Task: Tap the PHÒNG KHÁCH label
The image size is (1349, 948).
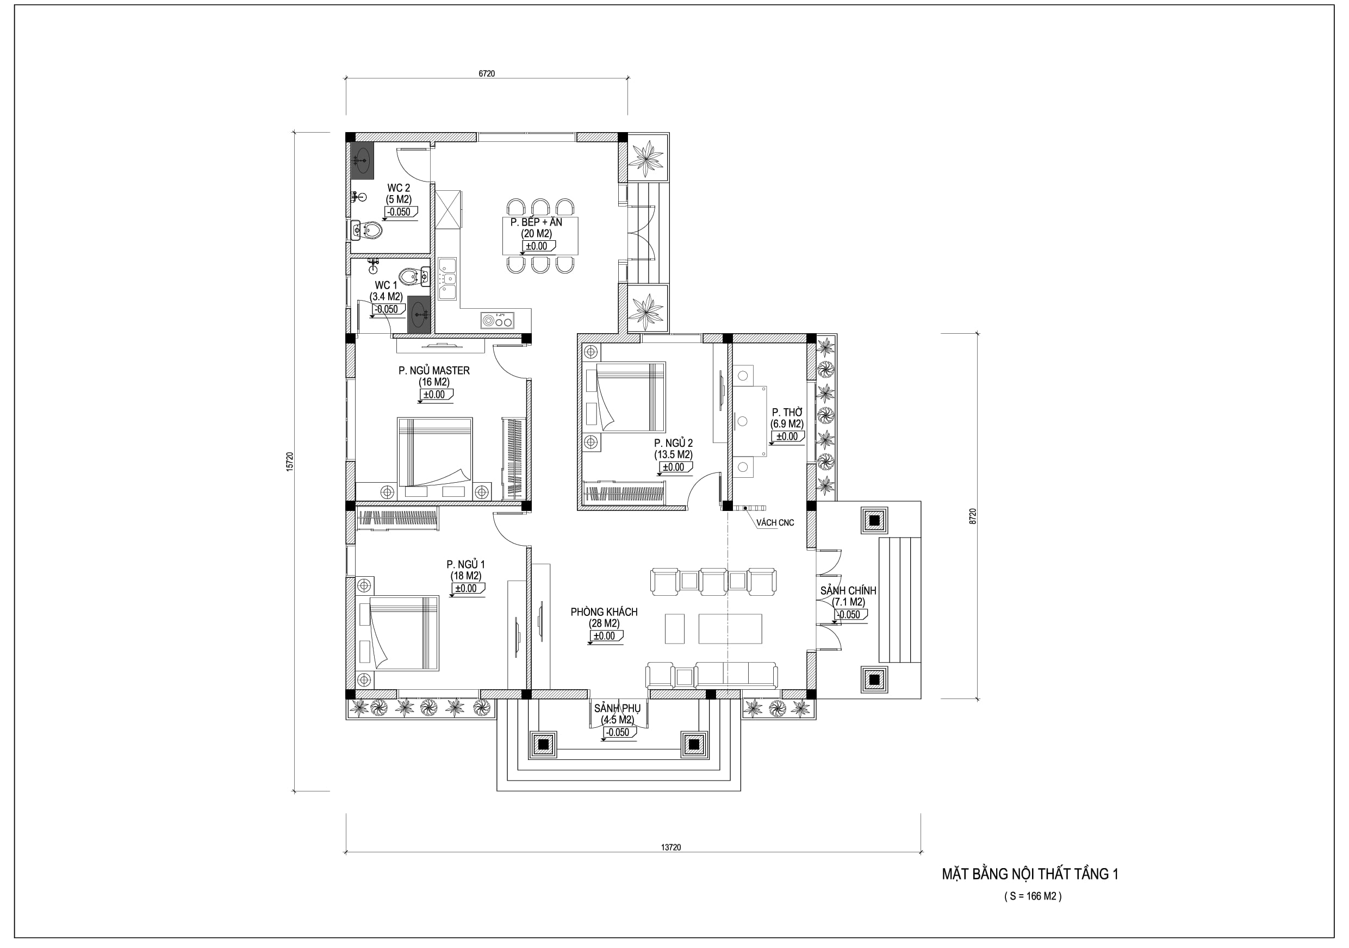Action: tap(604, 612)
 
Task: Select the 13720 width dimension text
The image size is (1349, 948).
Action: tap(670, 847)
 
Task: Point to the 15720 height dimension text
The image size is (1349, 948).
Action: tap(289, 461)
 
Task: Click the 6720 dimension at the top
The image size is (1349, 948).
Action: tap(487, 73)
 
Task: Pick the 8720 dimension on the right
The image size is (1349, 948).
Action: tap(972, 516)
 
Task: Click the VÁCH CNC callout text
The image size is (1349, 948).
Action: tap(775, 523)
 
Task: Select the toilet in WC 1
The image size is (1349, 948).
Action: tap(413, 276)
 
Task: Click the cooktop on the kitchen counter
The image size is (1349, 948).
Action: tap(497, 320)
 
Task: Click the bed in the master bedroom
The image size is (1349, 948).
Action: tap(435, 452)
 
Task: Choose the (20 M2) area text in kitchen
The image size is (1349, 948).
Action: tap(537, 234)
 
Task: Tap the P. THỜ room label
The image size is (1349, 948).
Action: tap(787, 413)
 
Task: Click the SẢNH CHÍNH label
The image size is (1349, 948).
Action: tap(848, 591)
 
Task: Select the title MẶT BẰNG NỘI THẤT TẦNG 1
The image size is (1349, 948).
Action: tap(1030, 875)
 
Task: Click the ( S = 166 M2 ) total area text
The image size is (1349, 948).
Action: tap(1033, 896)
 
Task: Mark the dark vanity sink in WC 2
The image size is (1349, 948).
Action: tap(363, 160)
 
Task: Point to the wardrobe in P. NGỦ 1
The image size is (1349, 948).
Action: tap(399, 519)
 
